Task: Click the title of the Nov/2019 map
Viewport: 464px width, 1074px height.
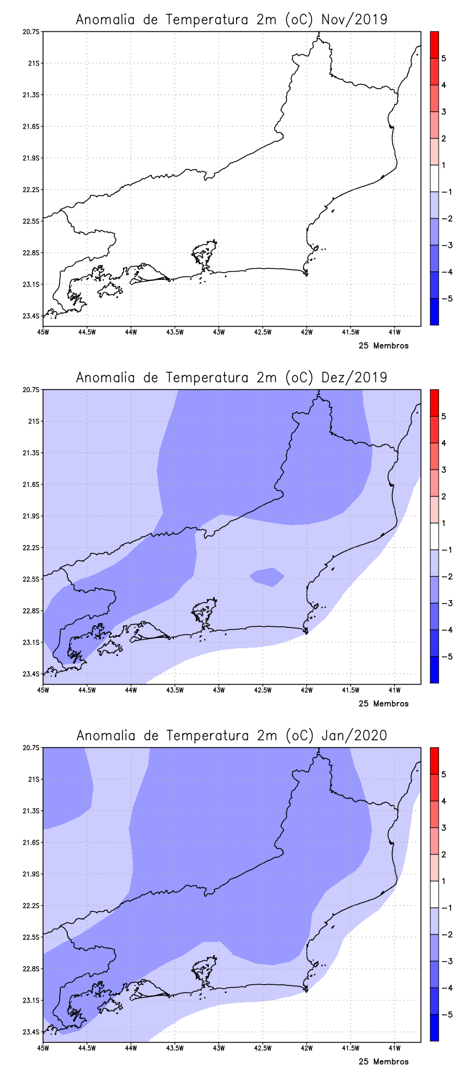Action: [231, 20]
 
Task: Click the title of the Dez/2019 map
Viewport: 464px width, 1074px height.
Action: [231, 378]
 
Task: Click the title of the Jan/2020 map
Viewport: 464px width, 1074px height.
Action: [231, 736]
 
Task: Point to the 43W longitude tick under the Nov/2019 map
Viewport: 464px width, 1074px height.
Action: [219, 332]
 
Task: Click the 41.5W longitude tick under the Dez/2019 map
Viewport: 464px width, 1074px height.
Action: [350, 690]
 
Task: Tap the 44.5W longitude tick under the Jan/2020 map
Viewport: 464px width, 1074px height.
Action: [87, 1048]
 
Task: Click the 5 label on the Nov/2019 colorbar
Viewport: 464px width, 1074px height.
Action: [444, 59]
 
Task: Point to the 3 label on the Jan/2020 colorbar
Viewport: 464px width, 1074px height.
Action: [444, 828]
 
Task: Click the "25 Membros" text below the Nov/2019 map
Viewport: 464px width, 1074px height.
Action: [383, 346]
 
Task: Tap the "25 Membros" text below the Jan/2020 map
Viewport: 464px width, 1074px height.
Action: [383, 1062]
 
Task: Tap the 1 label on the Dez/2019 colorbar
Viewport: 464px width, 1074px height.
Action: [444, 523]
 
